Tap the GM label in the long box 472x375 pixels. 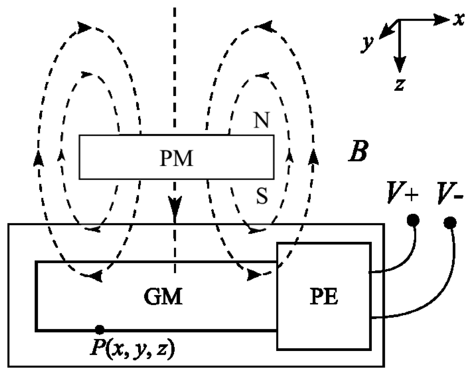click(x=164, y=297)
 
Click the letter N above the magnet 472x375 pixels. click(x=262, y=121)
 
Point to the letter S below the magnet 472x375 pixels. click(x=262, y=196)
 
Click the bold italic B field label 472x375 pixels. click(x=357, y=152)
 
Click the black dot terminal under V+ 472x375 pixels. click(x=413, y=221)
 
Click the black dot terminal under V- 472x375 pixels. click(x=450, y=223)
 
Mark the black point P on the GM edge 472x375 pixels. click(x=99, y=329)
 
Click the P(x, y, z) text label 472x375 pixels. click(x=133, y=348)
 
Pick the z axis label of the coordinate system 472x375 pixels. click(x=399, y=85)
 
